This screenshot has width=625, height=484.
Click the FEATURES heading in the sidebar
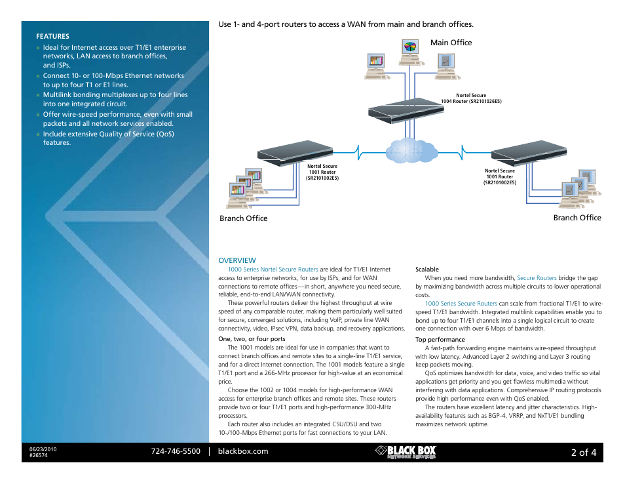(52, 36)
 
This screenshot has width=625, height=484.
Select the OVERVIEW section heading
(237, 260)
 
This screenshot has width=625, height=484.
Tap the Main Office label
(451, 43)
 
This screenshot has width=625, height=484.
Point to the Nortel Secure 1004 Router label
(470, 99)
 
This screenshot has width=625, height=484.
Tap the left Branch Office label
(243, 218)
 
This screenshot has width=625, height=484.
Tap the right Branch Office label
(577, 218)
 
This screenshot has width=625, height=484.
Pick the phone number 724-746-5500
(176, 451)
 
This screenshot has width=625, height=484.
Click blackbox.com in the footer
(243, 451)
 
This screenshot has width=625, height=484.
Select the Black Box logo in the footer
(406, 452)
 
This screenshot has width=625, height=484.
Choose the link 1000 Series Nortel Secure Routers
(273, 270)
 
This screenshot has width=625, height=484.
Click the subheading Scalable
(427, 270)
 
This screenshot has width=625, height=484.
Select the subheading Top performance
(440, 340)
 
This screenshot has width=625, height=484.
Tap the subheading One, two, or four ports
(252, 339)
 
